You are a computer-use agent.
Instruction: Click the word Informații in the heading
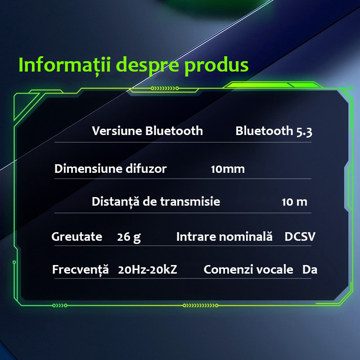pos(65,65)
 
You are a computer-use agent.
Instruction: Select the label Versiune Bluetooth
pos(148,131)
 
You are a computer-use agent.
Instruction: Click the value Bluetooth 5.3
pos(274,131)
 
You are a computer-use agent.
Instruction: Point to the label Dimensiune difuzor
pos(110,169)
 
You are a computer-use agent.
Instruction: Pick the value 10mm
pos(228,169)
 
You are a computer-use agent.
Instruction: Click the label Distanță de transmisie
pos(156,202)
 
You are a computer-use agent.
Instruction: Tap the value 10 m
pos(294,202)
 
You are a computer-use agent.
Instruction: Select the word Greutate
pos(76,237)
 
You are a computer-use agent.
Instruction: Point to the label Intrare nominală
pos(224,237)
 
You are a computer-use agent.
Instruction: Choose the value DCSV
pos(300,237)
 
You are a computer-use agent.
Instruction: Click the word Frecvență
pos(81,269)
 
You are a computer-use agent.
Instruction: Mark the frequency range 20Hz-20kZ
pos(148,270)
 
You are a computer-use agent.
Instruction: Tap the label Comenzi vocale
pos(248,270)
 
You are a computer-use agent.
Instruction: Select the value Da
pos(310,270)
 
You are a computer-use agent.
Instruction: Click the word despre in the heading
pos(148,66)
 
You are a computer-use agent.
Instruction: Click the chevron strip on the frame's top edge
pos(165,88)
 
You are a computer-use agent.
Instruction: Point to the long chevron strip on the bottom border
pos(200,306)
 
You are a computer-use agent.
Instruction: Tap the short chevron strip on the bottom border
pos(60,306)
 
